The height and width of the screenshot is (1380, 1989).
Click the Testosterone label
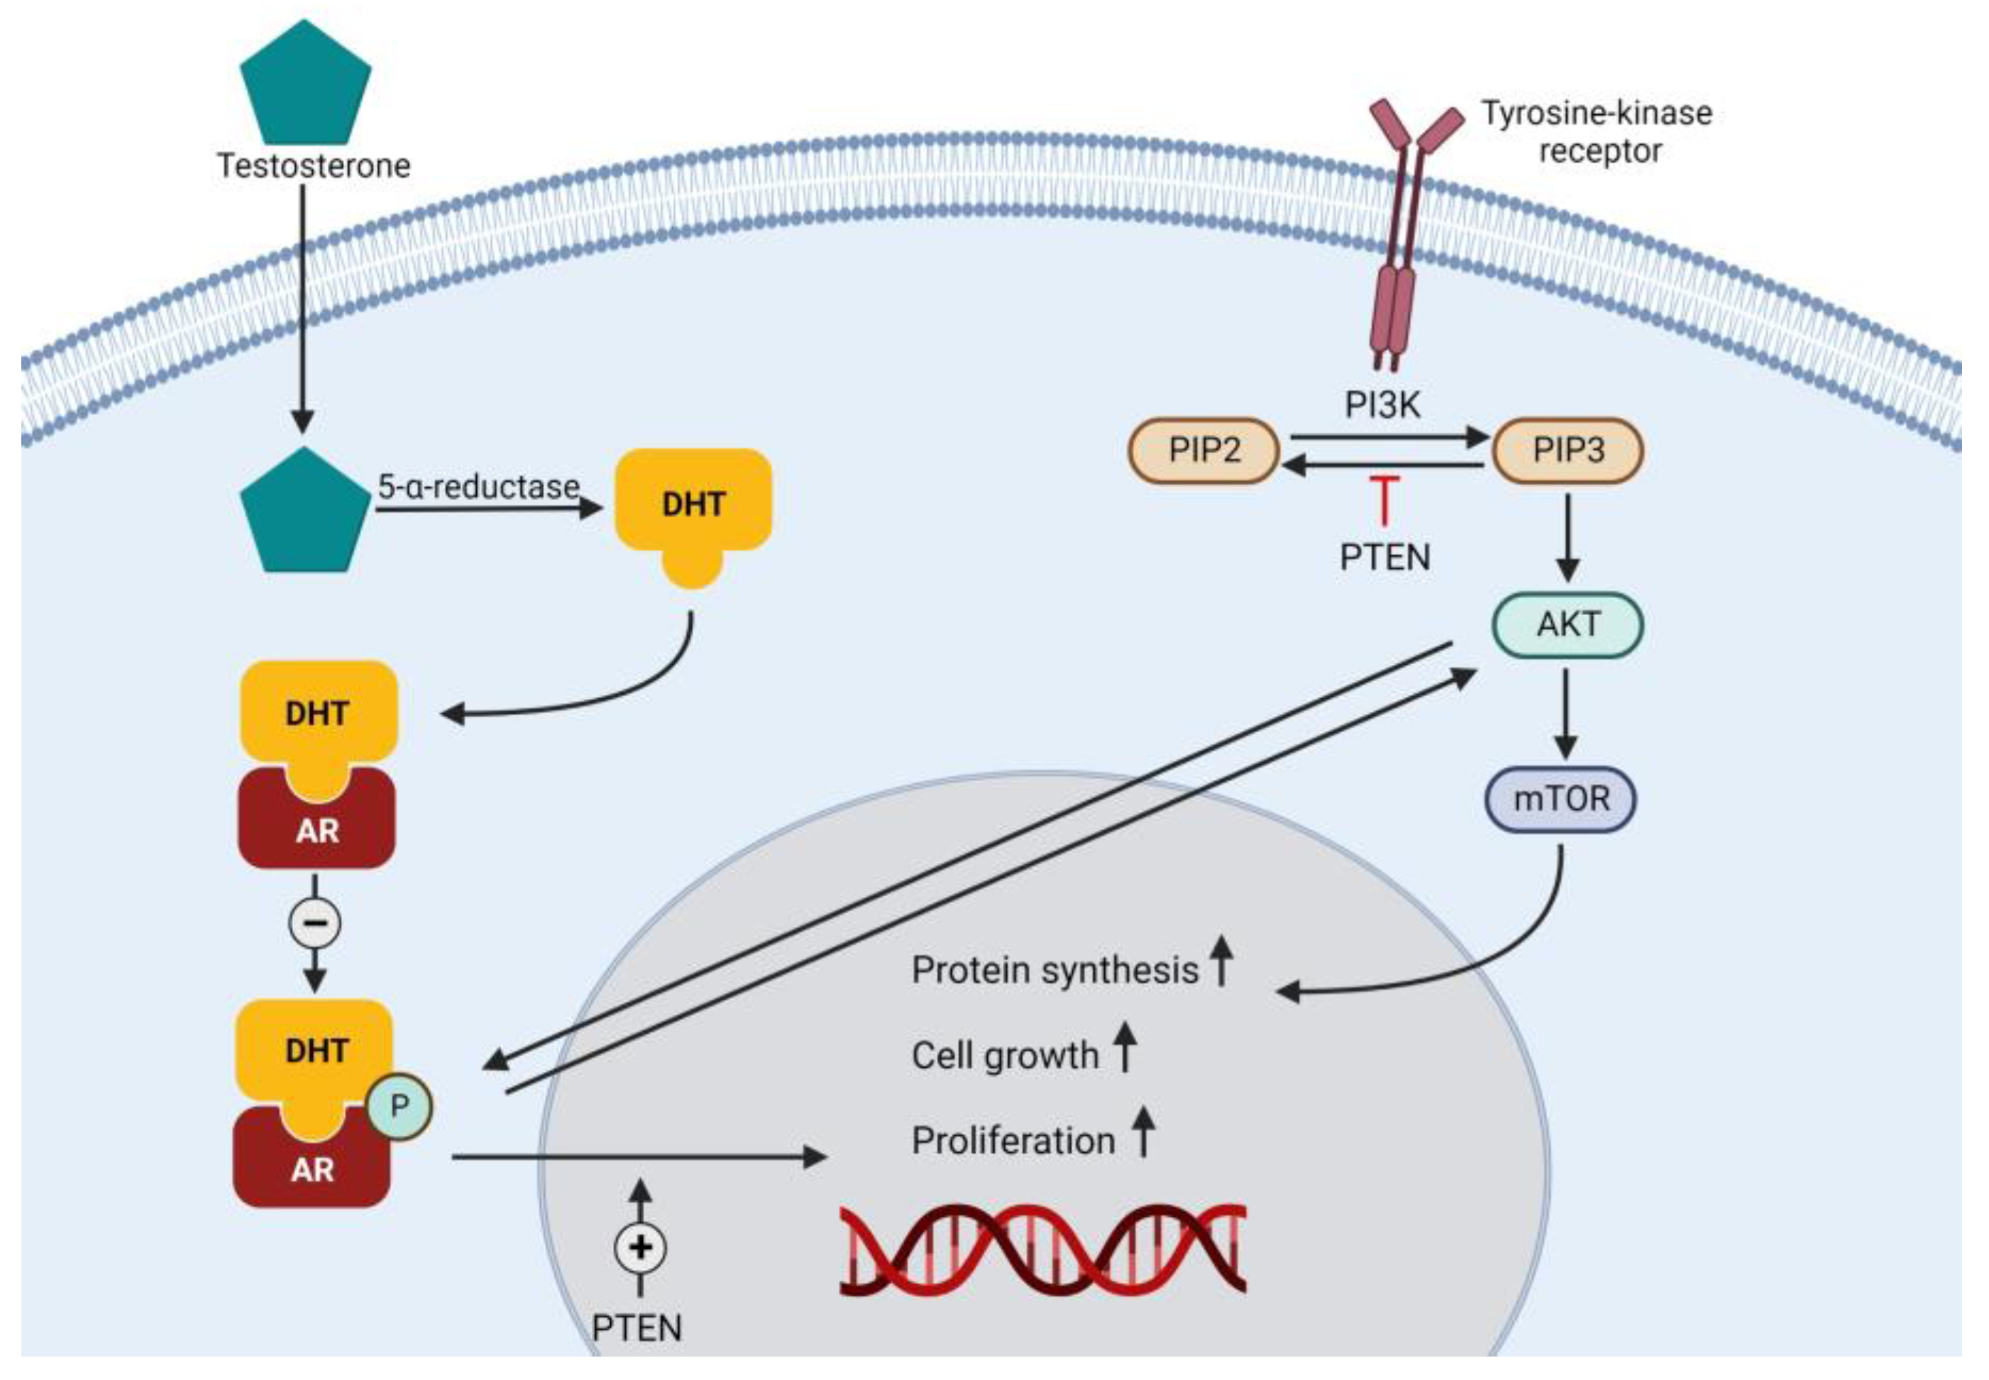(313, 165)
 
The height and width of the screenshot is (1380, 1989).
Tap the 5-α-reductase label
(478, 486)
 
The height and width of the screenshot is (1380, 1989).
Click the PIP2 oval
(1203, 450)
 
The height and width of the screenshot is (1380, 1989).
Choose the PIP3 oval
(1567, 450)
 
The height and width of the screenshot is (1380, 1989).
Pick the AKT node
(1567, 624)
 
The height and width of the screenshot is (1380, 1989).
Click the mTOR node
(1560, 798)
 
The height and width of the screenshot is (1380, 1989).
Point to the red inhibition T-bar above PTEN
(1384, 499)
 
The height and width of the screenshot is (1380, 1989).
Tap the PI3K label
(1382, 404)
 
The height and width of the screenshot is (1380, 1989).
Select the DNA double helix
(1042, 1249)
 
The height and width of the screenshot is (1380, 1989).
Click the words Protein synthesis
(1054, 970)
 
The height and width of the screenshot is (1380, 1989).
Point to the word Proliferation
(1013, 1140)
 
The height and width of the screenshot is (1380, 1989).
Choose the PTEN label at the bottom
(637, 1327)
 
